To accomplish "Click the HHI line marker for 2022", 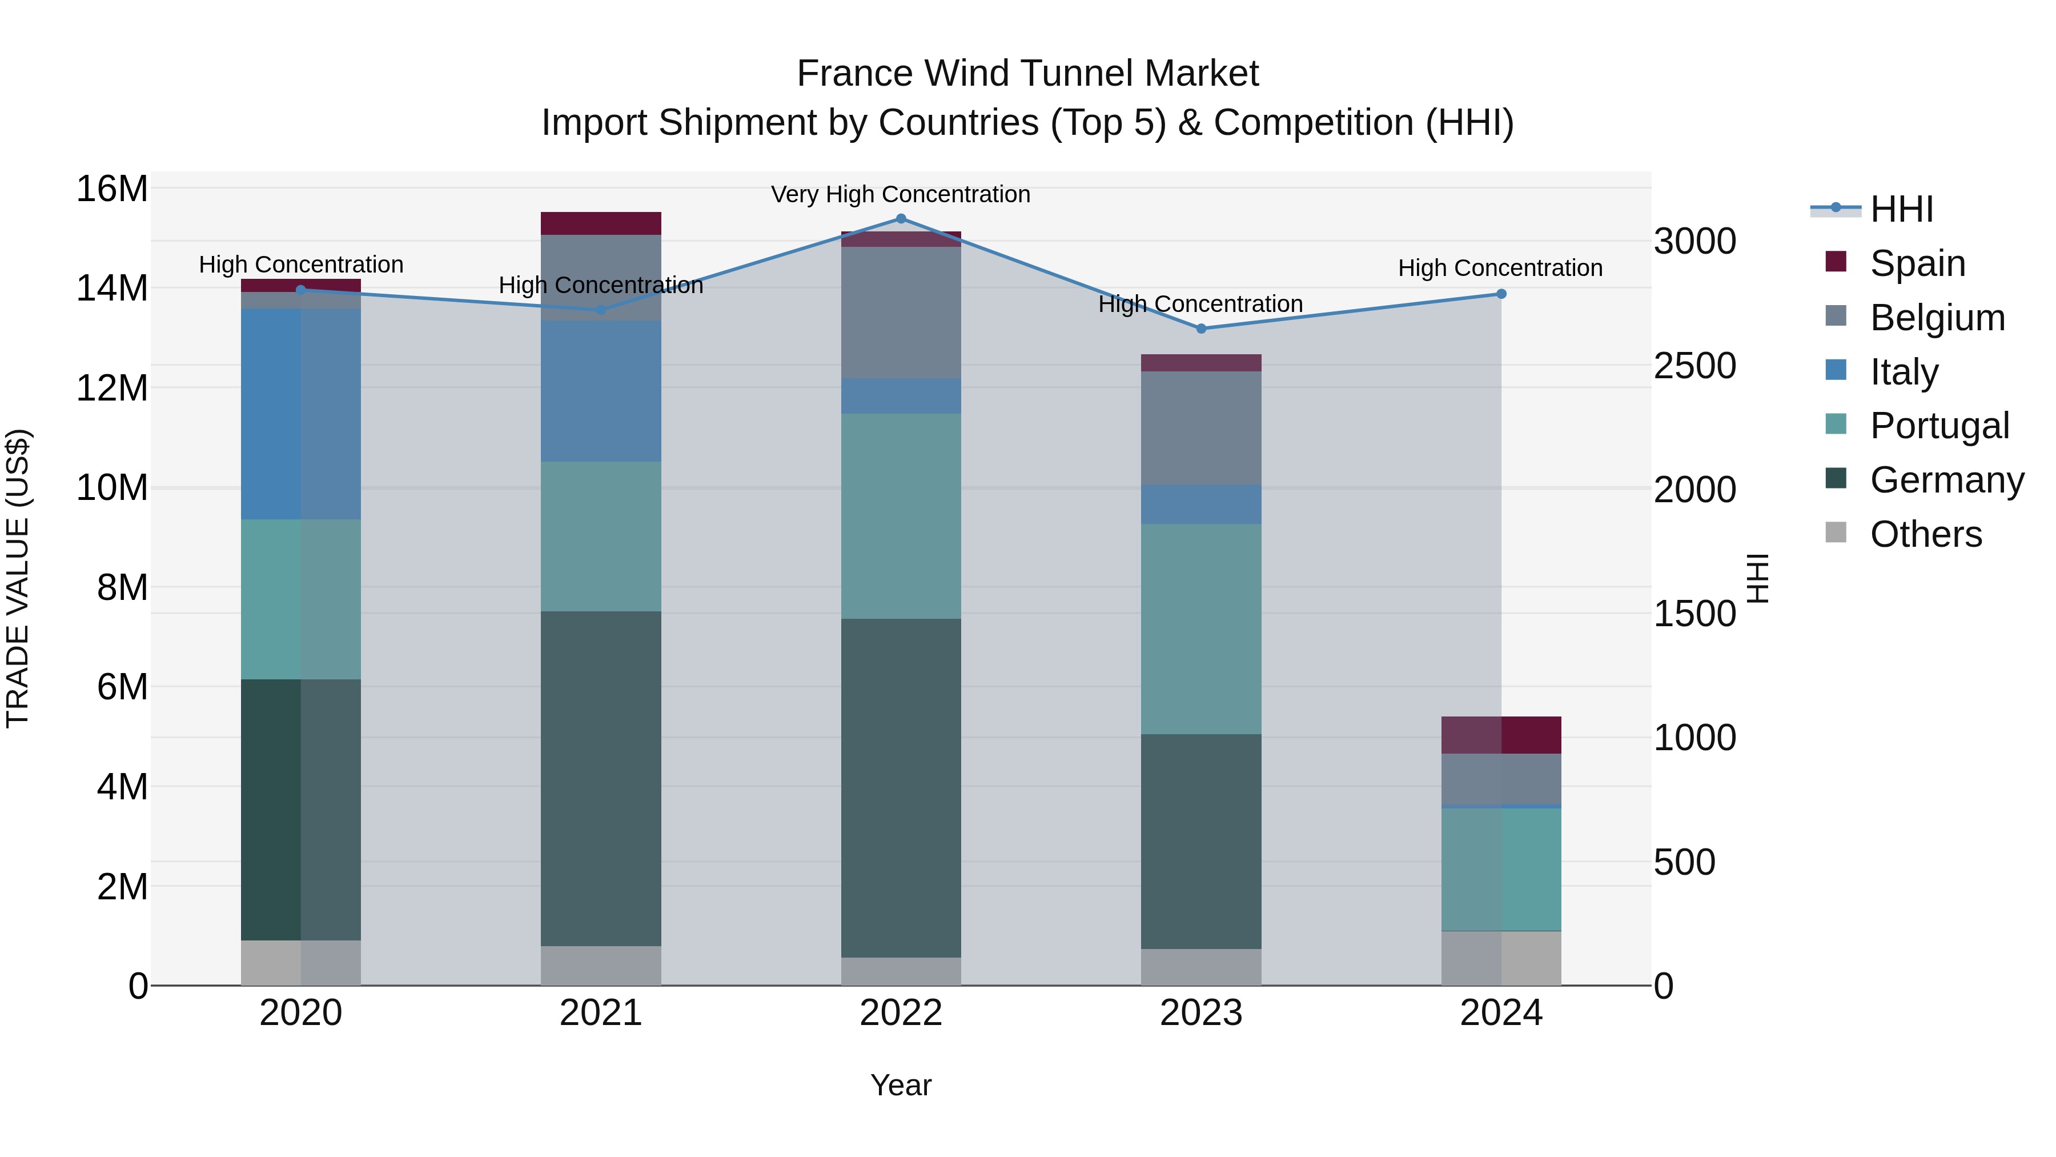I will tap(901, 219).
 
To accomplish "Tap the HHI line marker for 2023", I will tap(1201, 328).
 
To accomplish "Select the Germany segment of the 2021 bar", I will tap(601, 779).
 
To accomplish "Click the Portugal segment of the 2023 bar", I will tap(1201, 629).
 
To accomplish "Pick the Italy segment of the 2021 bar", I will tap(601, 391).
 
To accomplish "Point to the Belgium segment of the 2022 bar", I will tap(901, 312).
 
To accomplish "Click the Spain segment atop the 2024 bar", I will tap(1501, 735).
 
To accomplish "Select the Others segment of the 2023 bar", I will tap(1201, 967).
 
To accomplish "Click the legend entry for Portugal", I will tap(1939, 426).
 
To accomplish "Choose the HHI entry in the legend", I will tap(1901, 209).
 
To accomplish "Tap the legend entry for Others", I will tap(1925, 534).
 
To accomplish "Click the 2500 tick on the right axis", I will tap(1694, 366).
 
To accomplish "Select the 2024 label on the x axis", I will tap(1501, 1013).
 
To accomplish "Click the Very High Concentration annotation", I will tap(901, 194).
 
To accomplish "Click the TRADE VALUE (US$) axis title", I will tap(18, 578).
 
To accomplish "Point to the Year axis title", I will tap(901, 1085).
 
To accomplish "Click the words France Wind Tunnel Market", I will tap(1027, 74).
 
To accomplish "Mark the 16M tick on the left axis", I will tap(112, 189).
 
